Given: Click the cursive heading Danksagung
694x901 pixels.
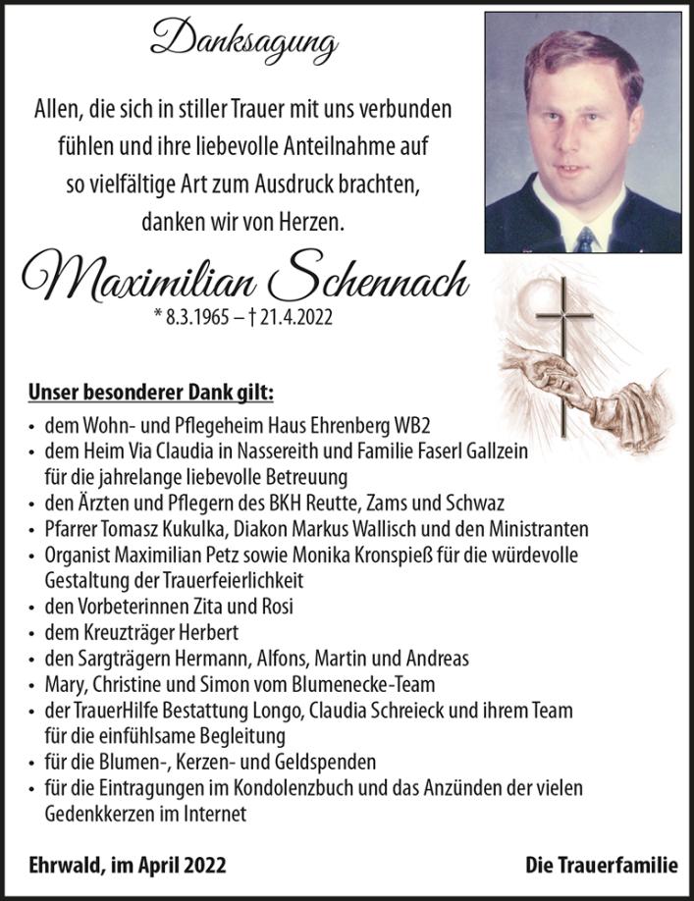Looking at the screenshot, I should coord(243,42).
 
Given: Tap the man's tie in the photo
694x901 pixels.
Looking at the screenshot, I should coord(586,238).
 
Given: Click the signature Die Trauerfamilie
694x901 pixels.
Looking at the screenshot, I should coord(601,865).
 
